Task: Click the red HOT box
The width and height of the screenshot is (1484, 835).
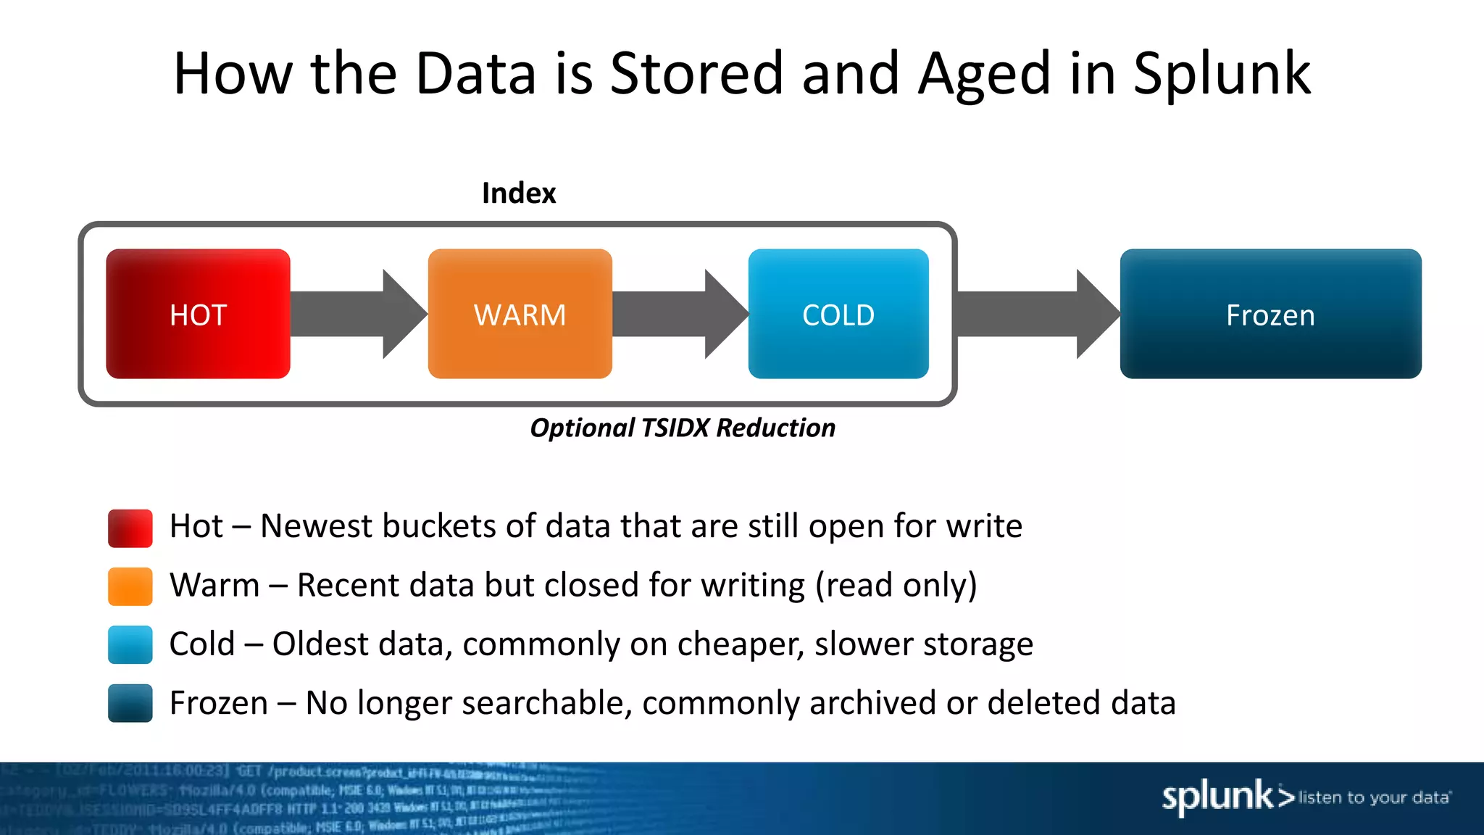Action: pyautogui.click(x=198, y=314)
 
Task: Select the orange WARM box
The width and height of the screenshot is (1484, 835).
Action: pyautogui.click(x=520, y=314)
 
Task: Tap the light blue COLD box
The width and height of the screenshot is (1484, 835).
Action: pyautogui.click(x=838, y=314)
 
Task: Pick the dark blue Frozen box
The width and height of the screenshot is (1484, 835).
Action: pyautogui.click(x=1270, y=314)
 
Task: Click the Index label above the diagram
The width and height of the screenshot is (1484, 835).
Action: pyautogui.click(x=519, y=194)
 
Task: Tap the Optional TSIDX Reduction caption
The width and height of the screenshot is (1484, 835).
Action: pyautogui.click(x=683, y=428)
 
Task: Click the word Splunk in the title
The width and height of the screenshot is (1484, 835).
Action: pyautogui.click(x=1222, y=74)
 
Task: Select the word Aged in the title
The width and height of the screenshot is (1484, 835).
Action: pyautogui.click(x=984, y=74)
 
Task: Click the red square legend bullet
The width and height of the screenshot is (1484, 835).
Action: pyautogui.click(x=130, y=528)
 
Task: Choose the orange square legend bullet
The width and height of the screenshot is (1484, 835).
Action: pyautogui.click(x=130, y=586)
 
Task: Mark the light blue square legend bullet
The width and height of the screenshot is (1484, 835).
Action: pyautogui.click(x=130, y=644)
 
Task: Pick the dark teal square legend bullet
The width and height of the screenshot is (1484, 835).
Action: pyautogui.click(x=130, y=703)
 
